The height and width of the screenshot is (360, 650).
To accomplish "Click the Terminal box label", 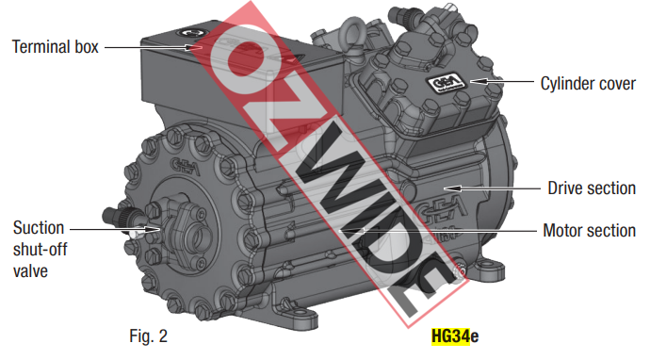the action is [56, 47].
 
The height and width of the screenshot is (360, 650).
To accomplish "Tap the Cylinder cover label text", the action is [588, 83].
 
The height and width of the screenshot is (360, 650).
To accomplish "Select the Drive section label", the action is [592, 188].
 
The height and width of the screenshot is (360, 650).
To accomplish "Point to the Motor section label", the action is [589, 230].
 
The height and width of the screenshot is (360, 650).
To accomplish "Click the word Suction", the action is [39, 228].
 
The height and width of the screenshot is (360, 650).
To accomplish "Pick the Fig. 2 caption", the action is [149, 335].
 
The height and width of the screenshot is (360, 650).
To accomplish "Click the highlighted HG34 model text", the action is [450, 335].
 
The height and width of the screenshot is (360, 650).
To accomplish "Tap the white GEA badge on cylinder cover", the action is [446, 84].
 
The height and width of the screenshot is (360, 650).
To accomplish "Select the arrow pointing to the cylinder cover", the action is [502, 81].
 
